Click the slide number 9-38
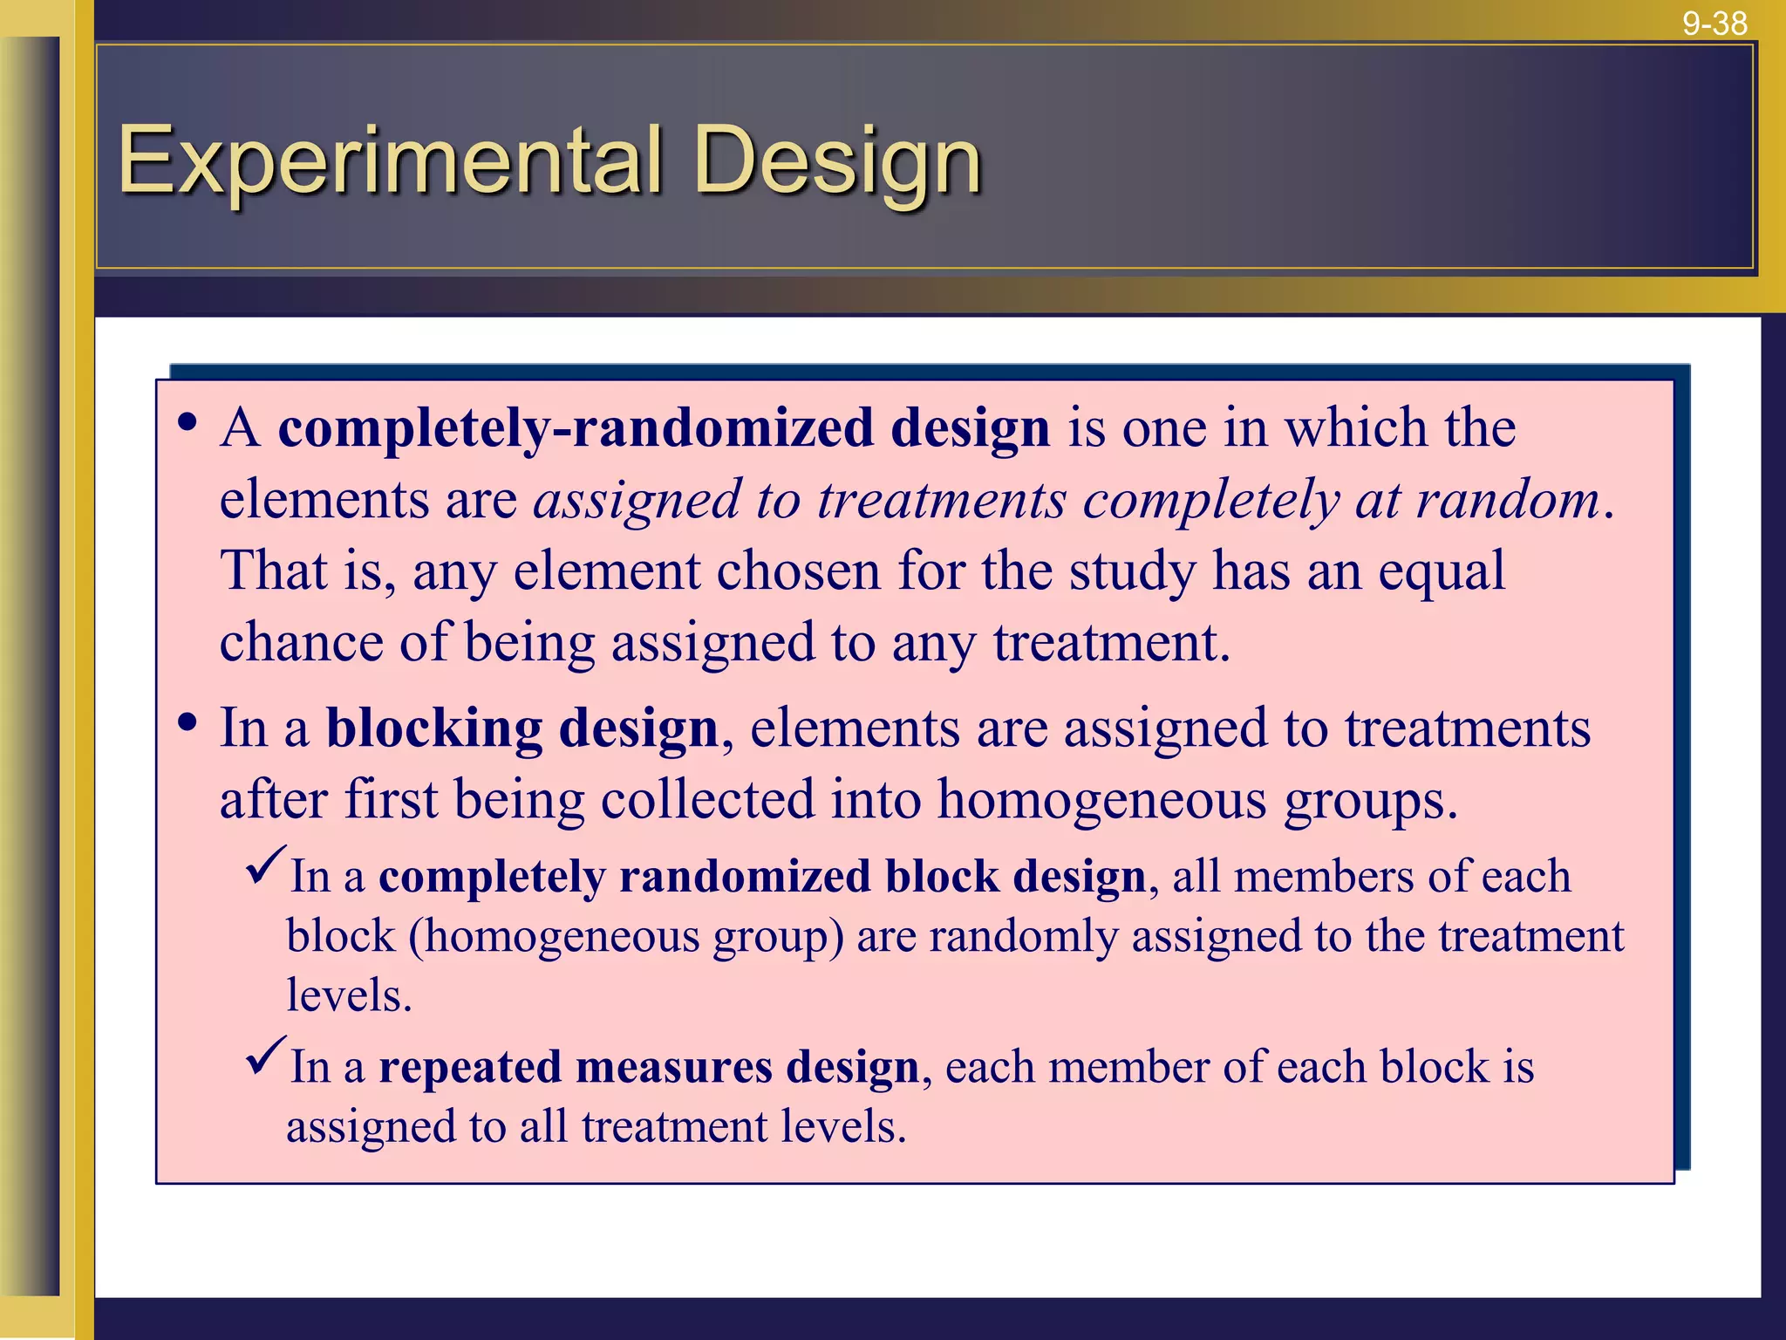point(1714,23)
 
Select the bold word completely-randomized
point(576,429)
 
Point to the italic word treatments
point(941,502)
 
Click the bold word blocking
point(433,728)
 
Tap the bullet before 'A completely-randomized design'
point(187,424)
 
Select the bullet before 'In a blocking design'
point(187,723)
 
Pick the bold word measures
point(673,1068)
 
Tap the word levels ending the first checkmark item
point(348,995)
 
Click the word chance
point(301,643)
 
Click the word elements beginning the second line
point(324,502)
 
